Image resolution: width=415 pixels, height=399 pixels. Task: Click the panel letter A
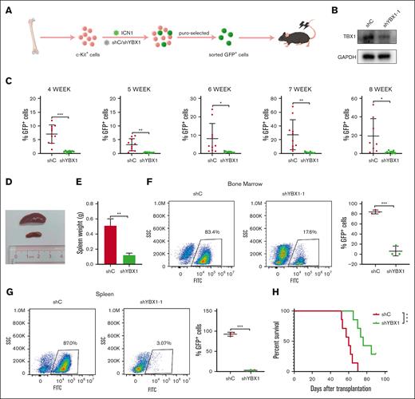[7, 9]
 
